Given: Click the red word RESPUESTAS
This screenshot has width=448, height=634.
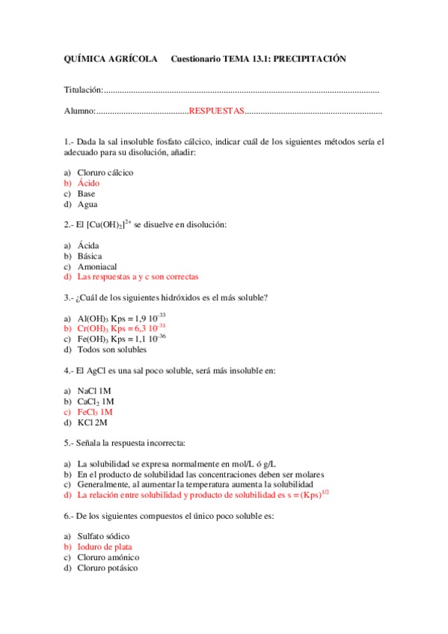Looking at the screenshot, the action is tap(217, 111).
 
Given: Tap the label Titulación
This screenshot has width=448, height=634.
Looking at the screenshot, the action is tap(83, 90).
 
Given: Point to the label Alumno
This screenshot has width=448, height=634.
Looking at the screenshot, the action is tap(79, 111).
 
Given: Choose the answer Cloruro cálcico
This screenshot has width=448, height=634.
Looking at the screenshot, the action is tap(105, 173).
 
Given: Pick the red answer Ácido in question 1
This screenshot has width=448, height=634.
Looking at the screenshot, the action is tap(88, 183).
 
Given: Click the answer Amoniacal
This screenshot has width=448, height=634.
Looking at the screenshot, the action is tap(97, 266).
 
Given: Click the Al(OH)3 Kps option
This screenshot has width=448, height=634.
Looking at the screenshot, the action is tap(121, 318).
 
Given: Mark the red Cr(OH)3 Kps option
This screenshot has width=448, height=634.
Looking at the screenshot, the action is tap(121, 328).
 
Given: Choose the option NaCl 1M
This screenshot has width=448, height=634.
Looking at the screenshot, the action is tap(94, 390).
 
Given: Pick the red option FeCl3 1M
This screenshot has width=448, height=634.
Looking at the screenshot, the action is tap(95, 411).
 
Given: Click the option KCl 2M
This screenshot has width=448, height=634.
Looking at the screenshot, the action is tap(93, 422).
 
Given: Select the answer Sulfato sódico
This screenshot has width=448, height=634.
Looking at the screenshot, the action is tap(103, 536).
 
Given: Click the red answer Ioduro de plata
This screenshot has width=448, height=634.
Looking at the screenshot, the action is tap(105, 547).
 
